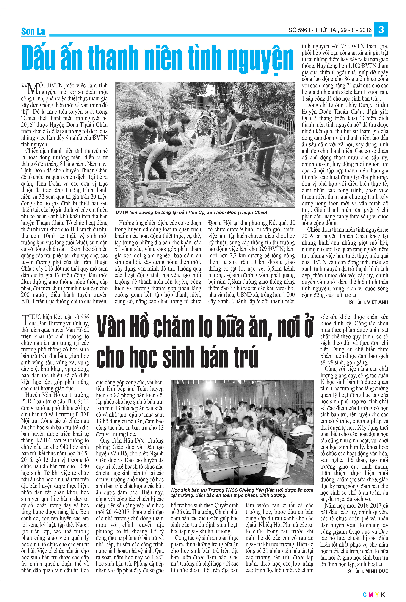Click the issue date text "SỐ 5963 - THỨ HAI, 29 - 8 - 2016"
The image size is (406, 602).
330,30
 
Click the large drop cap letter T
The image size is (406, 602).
25,320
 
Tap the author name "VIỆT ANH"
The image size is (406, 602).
378,302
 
